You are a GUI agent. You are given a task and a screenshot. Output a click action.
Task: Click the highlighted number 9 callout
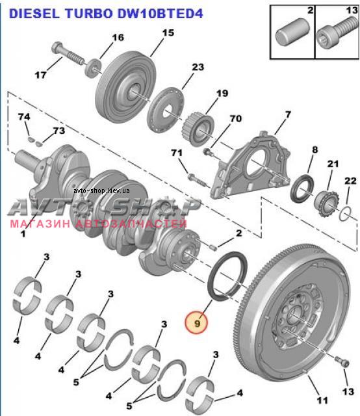pos(197,322)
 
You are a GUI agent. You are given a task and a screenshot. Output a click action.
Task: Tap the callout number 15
pos(168,33)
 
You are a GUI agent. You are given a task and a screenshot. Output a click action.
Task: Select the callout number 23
pos(198,67)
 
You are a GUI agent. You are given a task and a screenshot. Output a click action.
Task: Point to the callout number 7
pos(288,114)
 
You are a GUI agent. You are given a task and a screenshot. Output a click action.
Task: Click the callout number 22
pos(350,181)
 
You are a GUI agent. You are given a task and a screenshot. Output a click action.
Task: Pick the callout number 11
pos(322,400)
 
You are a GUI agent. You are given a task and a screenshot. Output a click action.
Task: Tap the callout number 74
pos(24,117)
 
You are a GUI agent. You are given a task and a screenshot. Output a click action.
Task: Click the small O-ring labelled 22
pos(346,213)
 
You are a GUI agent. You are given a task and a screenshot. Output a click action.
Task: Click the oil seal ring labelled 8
pos(303,189)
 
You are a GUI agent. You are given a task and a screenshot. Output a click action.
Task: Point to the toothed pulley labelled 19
pos(198,130)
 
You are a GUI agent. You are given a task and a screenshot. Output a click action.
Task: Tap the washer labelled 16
pos(93,68)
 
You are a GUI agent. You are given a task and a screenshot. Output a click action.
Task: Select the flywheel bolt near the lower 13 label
pos(342,361)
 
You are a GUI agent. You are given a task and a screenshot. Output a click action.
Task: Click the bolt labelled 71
pos(197,181)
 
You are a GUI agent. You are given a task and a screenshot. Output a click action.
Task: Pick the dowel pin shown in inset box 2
pos(292,34)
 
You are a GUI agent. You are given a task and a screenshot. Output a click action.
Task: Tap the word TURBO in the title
pos(89,14)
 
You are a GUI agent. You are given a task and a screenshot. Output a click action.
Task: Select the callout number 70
pos(236,118)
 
